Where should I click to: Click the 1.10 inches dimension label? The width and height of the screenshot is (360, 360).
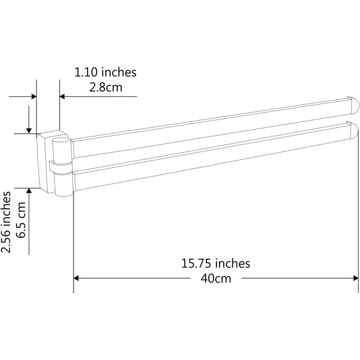click(x=105, y=72)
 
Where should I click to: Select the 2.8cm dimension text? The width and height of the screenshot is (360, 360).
click(x=105, y=87)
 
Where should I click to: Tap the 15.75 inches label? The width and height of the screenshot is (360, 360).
click(x=215, y=263)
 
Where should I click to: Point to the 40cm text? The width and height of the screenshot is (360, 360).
click(x=216, y=279)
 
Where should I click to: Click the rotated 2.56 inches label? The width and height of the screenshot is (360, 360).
click(x=6, y=222)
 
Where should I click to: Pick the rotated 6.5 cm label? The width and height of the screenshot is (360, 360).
click(x=21, y=220)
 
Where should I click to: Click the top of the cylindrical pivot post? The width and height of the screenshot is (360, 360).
click(x=62, y=140)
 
